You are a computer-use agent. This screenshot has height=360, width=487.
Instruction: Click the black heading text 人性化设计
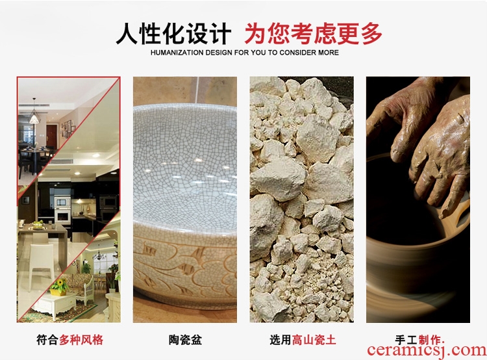pyautogui.click(x=173, y=34)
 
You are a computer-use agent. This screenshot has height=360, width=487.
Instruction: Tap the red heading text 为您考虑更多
pyautogui.click(x=313, y=34)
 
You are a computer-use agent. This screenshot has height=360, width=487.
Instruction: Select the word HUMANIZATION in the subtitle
pyautogui.click(x=177, y=53)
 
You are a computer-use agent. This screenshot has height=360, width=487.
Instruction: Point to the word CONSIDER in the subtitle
pyautogui.click(x=293, y=53)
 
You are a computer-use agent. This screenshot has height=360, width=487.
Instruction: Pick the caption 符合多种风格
pyautogui.click(x=69, y=339)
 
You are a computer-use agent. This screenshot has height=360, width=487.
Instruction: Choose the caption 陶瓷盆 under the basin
pyautogui.click(x=185, y=339)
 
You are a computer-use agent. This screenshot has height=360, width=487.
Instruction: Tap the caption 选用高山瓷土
pyautogui.click(x=303, y=339)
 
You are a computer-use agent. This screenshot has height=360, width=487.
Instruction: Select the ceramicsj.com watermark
pyautogui.click(x=427, y=351)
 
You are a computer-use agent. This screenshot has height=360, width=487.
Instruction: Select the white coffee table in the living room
pyautogui.click(x=55, y=305)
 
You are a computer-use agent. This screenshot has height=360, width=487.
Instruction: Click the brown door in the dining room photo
pyautogui.click(x=51, y=136)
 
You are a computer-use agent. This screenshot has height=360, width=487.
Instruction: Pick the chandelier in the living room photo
pyautogui.click(x=99, y=254)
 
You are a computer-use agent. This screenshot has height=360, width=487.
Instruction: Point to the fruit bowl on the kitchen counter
pyautogui.click(x=38, y=225)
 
